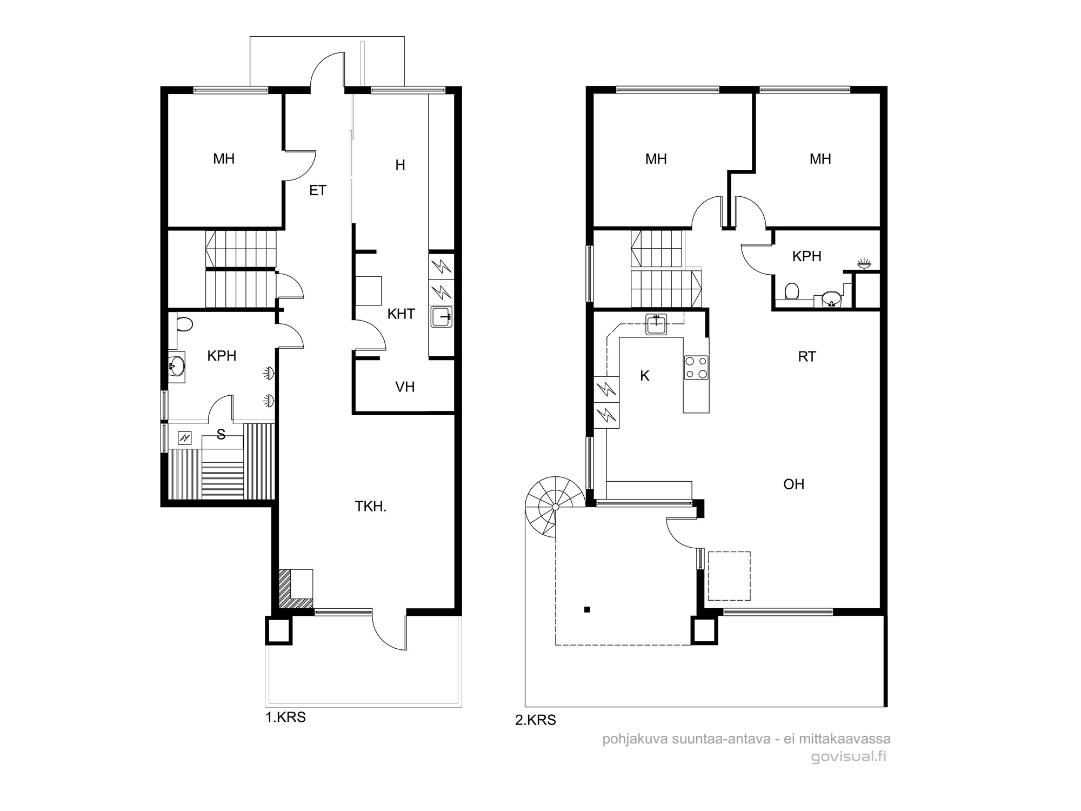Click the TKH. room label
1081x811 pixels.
[370, 507]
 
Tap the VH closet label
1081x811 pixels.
[405, 387]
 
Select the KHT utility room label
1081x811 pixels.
[401, 314]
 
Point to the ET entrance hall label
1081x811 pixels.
[318, 190]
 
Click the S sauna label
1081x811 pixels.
[221, 434]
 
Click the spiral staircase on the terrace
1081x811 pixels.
[555, 507]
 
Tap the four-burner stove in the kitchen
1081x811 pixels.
[696, 367]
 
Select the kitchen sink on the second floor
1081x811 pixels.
[657, 324]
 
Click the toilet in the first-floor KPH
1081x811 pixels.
[184, 324]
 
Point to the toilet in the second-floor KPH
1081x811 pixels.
[792, 291]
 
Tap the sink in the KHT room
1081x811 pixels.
[442, 316]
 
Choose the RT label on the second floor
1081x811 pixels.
[806, 357]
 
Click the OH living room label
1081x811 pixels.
[793, 484]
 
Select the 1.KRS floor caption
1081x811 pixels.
[285, 717]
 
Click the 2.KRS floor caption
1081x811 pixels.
[535, 720]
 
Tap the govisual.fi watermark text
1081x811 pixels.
[849, 757]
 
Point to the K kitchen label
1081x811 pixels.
[644, 376]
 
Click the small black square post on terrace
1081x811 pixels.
[588, 610]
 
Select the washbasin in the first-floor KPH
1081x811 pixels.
[176, 367]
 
